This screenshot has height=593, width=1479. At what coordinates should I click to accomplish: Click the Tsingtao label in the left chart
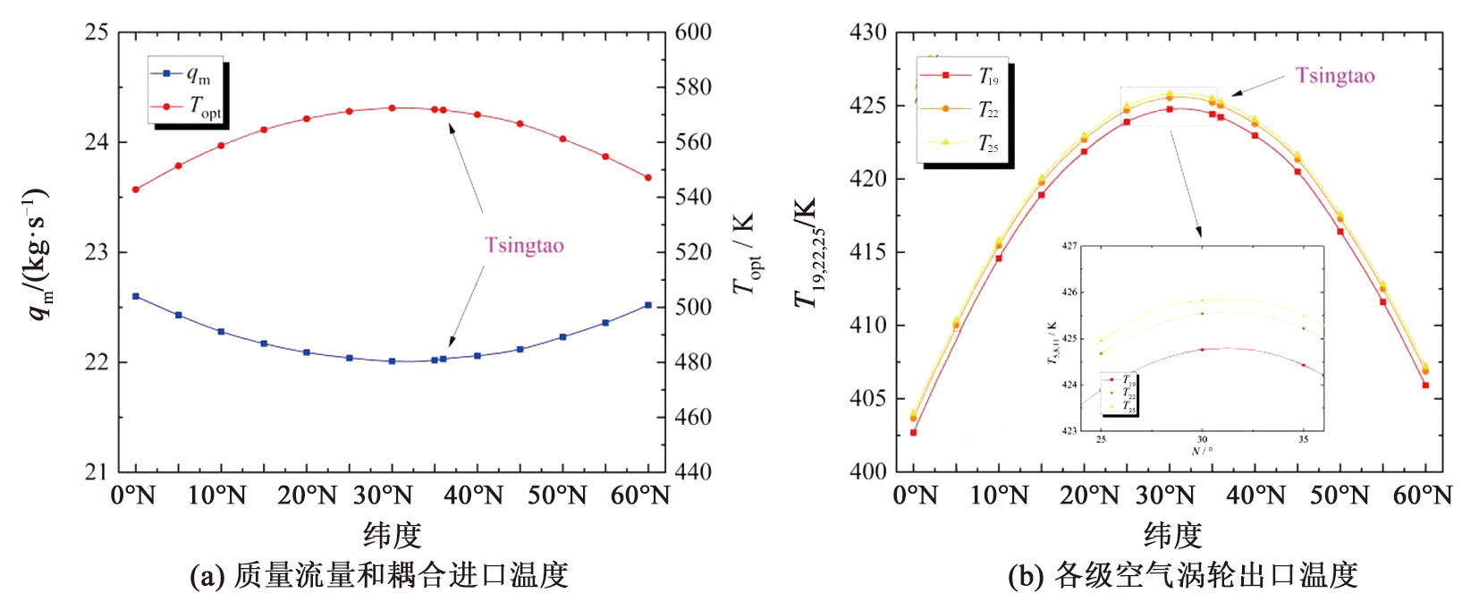click(x=524, y=245)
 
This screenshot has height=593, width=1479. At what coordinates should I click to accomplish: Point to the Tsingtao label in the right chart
click(x=1335, y=76)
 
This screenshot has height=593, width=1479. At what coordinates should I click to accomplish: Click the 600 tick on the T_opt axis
click(x=693, y=32)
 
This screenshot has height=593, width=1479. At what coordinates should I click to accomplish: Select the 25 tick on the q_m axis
click(x=96, y=32)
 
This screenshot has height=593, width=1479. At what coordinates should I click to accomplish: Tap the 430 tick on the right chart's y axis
click(x=867, y=32)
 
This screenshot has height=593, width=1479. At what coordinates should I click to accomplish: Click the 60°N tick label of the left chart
click(x=640, y=495)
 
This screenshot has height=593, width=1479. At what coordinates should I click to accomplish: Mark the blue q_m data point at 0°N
click(x=136, y=296)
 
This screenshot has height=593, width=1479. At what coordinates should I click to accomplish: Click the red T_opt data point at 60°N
click(x=648, y=178)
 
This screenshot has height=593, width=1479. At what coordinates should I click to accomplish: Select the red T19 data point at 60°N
click(x=1425, y=385)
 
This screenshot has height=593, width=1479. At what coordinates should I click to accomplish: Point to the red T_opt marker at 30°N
click(x=392, y=108)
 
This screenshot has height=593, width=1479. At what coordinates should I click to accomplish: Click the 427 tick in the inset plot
click(x=1070, y=246)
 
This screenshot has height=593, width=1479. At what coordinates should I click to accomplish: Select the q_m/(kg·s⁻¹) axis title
click(x=38, y=254)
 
